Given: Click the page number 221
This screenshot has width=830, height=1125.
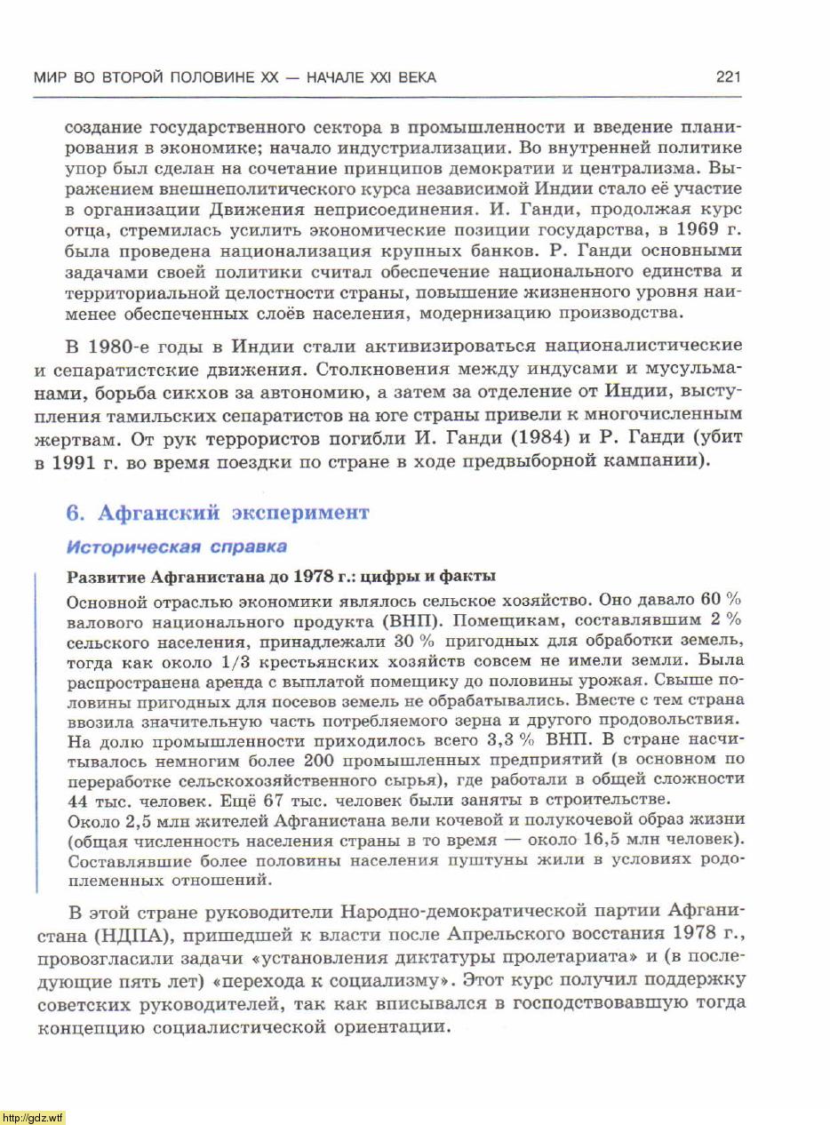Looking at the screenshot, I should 728,77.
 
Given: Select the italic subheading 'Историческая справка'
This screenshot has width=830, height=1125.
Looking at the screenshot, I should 177,546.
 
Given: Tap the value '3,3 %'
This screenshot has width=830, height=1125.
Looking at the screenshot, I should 513,739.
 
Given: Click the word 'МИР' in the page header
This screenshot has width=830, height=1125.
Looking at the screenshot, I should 50,77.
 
